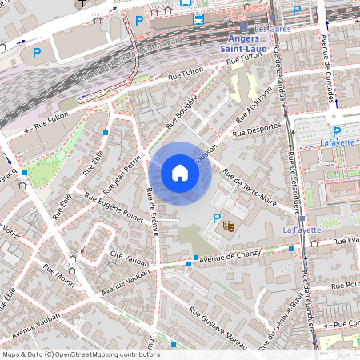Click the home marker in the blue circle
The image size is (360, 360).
pos(180,173)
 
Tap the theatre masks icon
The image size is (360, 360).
pos(229,226)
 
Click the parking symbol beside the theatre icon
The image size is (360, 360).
pos(216,218)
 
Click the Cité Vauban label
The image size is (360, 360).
pos(126,256)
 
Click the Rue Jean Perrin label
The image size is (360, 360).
pos(118,176)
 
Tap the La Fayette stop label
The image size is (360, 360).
pos(302,230)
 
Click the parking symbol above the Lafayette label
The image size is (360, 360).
pos(336,131)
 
